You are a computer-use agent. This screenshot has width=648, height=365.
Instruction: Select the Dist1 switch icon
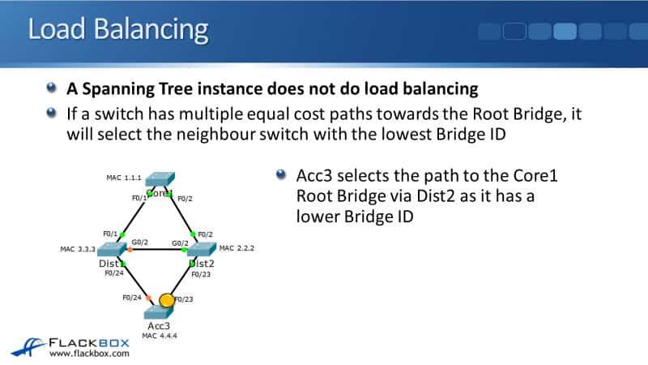click(x=113, y=249)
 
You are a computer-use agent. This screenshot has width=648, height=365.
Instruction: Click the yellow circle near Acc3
click(x=166, y=300)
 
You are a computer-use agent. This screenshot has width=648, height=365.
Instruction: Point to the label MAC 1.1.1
click(x=124, y=177)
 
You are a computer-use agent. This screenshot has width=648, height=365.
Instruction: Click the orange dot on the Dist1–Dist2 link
click(x=130, y=249)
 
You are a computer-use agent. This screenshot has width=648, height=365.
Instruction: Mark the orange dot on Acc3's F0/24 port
click(x=147, y=300)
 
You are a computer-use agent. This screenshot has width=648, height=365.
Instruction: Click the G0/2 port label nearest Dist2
click(x=180, y=242)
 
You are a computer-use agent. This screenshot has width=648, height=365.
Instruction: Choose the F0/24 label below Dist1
click(x=114, y=273)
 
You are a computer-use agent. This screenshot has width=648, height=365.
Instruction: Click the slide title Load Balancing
click(x=117, y=30)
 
